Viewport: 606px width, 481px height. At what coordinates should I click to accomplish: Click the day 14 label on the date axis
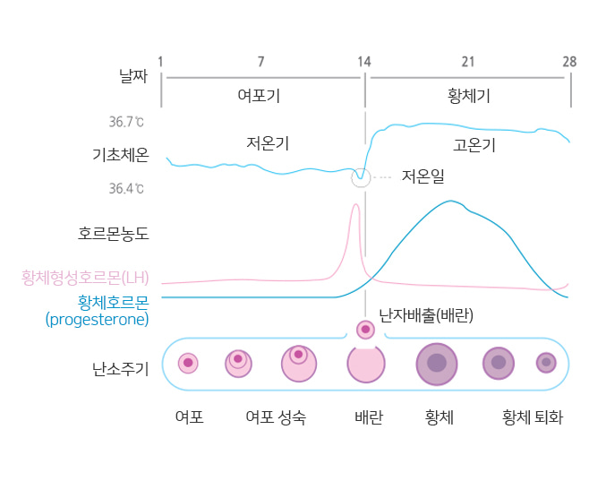tap(364, 62)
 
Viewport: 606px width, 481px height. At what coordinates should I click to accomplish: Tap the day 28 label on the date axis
tap(569, 62)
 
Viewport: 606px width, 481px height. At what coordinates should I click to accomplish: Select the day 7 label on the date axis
tap(260, 62)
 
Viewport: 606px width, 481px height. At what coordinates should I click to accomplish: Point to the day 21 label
tap(467, 62)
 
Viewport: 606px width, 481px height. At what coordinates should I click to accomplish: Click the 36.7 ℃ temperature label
tap(126, 122)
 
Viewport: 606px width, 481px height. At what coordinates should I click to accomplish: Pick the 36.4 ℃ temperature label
tap(126, 189)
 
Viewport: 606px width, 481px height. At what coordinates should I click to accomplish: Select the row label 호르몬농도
tap(113, 235)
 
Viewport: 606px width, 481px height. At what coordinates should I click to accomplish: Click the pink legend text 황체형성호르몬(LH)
tap(85, 277)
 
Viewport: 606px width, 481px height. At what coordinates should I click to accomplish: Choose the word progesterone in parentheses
tap(97, 318)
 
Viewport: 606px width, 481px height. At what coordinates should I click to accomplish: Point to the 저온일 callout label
tap(422, 176)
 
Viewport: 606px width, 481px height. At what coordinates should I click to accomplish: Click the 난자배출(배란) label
tap(426, 315)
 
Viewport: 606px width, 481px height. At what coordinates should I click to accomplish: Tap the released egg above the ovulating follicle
tap(365, 330)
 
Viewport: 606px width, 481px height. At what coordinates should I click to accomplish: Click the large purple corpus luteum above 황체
tap(437, 363)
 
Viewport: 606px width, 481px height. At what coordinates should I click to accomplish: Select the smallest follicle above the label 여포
tap(188, 363)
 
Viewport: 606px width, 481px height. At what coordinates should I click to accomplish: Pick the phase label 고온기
tap(474, 145)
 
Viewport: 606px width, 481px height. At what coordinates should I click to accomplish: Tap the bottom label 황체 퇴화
tap(533, 417)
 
